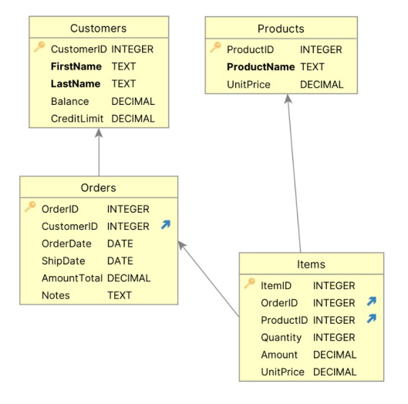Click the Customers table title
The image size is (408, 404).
click(99, 28)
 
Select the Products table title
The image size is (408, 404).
click(281, 29)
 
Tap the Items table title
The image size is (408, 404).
click(311, 264)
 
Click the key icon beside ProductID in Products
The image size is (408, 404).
click(215, 47)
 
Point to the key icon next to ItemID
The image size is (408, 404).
click(250, 283)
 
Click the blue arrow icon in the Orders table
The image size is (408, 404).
click(166, 224)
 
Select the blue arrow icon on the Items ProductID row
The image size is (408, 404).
click(372, 318)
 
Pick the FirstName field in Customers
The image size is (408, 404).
click(76, 66)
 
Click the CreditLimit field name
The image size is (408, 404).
click(77, 119)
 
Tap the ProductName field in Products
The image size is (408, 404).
click(261, 67)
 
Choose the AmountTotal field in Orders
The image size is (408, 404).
click(72, 278)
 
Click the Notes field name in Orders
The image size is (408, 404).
click(56, 295)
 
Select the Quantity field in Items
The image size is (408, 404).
click(281, 338)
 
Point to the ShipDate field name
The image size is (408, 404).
click(63, 261)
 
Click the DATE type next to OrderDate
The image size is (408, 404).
click(120, 244)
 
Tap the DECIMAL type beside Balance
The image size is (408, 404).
click(133, 101)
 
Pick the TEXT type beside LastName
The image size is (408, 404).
click(123, 84)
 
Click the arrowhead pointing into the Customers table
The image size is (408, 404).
click(99, 133)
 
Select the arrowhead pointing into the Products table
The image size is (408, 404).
click(288, 99)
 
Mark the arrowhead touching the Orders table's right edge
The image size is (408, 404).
click(181, 245)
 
